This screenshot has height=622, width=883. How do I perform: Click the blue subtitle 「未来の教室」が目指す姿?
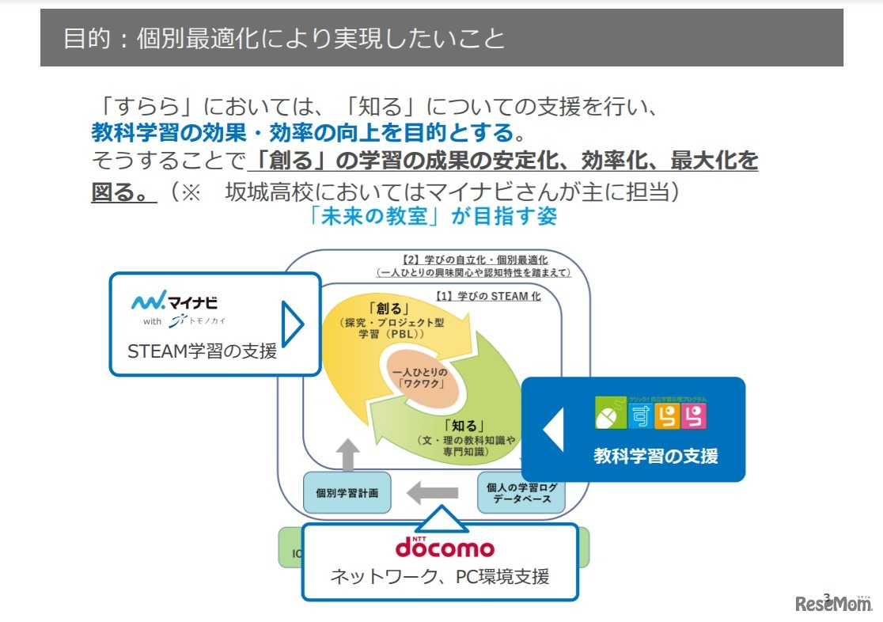[x=434, y=216]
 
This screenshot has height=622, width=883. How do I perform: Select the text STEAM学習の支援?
[x=203, y=350]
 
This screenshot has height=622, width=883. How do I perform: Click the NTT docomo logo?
[x=444, y=547]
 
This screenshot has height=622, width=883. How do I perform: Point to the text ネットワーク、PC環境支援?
[x=439, y=576]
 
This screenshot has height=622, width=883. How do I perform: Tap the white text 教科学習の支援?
[x=656, y=456]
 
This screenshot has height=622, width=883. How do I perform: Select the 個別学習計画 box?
[x=347, y=493]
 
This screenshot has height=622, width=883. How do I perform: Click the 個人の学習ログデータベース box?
[x=521, y=493]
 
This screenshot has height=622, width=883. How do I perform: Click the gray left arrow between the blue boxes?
[x=432, y=493]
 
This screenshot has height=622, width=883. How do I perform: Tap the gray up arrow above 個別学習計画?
[x=346, y=454]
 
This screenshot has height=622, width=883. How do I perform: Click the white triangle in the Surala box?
[x=553, y=430]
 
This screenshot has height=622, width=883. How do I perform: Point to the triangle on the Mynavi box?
[x=292, y=323]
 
